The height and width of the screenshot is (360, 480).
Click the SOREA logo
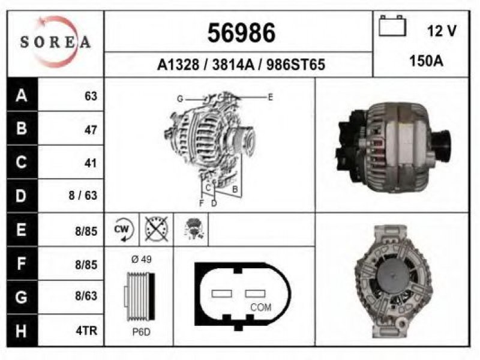click(55, 42)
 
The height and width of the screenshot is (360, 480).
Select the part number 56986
click(241, 33)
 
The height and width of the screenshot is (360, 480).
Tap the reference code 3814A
click(233, 65)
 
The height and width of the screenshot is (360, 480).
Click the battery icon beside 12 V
click(392, 26)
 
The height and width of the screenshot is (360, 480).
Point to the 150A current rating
click(426, 61)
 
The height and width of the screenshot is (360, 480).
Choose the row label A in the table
click(22, 95)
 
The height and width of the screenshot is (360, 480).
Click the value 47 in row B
click(91, 130)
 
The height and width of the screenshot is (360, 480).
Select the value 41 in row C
click(91, 163)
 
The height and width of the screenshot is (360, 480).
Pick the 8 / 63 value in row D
click(83, 196)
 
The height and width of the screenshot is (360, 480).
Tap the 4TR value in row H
click(86, 331)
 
